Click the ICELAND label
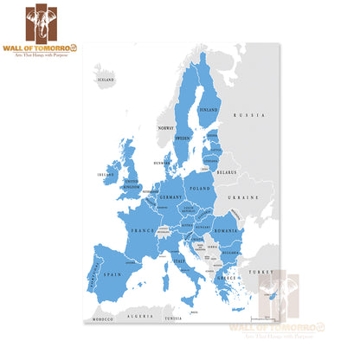click(105, 80)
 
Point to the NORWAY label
click(166, 128)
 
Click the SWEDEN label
click(183, 138)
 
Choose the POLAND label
click(201, 188)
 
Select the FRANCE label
click(142, 231)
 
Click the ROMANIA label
click(226, 233)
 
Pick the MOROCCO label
click(104, 321)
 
